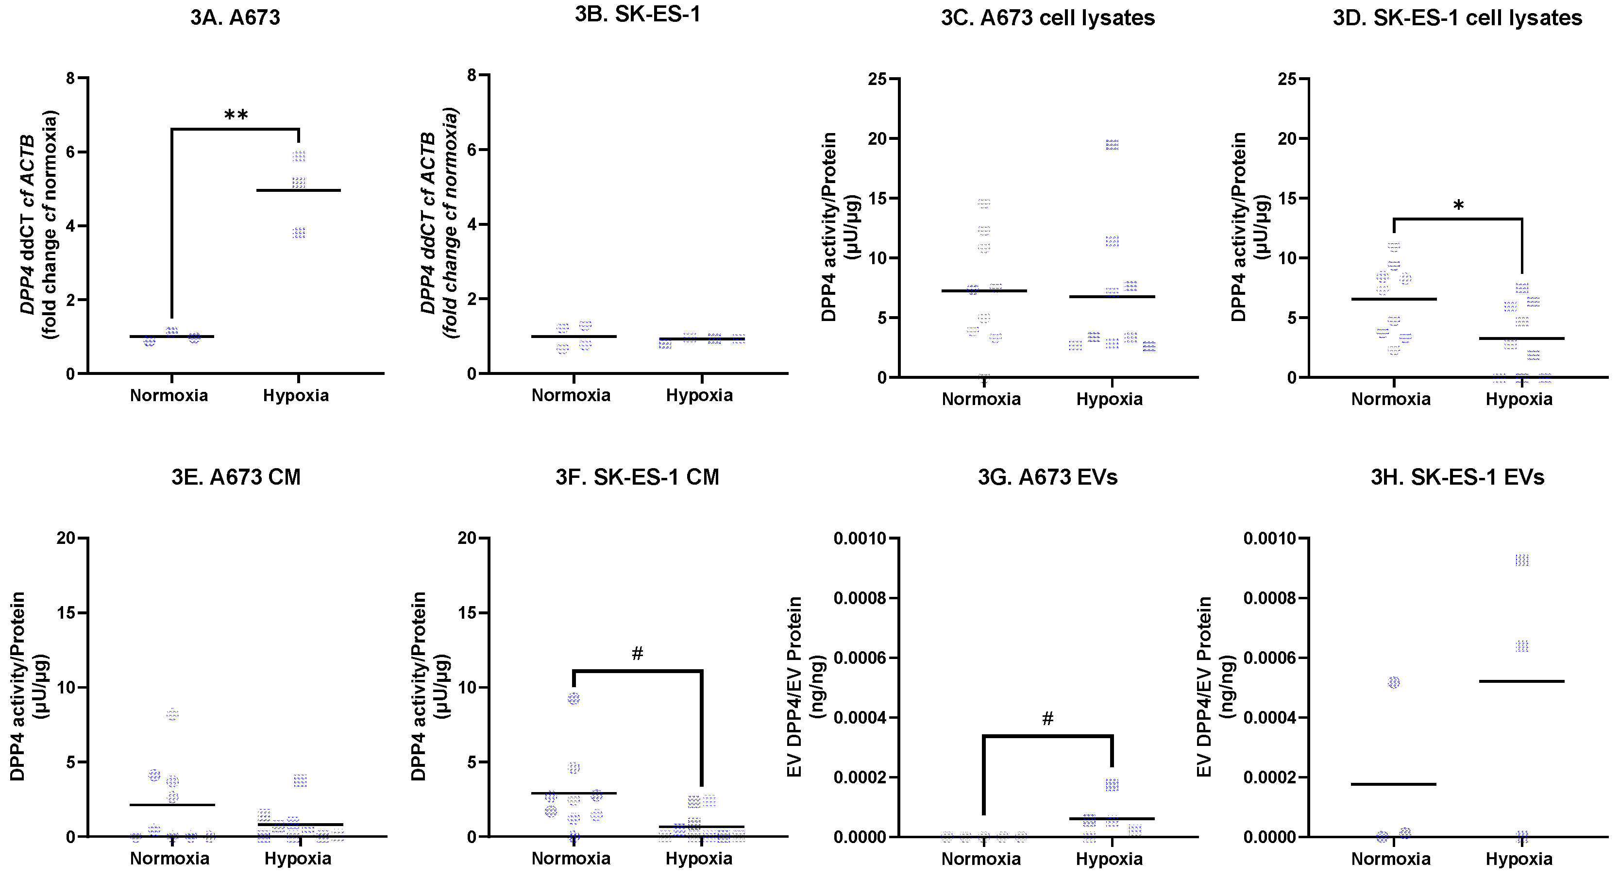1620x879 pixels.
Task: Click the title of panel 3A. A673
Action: (235, 17)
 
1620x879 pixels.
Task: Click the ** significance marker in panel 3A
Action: (236, 115)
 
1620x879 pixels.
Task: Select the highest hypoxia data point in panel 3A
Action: (299, 156)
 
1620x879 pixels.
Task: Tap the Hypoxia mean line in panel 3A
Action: (299, 190)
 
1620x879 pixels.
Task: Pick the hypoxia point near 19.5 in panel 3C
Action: (1112, 145)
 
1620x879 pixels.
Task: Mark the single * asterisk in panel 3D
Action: (1458, 205)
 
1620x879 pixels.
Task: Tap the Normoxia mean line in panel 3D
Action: (1394, 299)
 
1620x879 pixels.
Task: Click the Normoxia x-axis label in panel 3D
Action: (1390, 399)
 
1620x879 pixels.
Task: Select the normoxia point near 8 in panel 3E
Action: (172, 714)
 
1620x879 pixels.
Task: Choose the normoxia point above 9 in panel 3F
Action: (574, 698)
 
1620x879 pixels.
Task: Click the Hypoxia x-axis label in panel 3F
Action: (699, 859)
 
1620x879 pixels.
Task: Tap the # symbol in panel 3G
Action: (1047, 719)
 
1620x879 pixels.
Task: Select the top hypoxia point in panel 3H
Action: (1521, 560)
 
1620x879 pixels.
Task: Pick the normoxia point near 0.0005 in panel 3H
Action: (1394, 682)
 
